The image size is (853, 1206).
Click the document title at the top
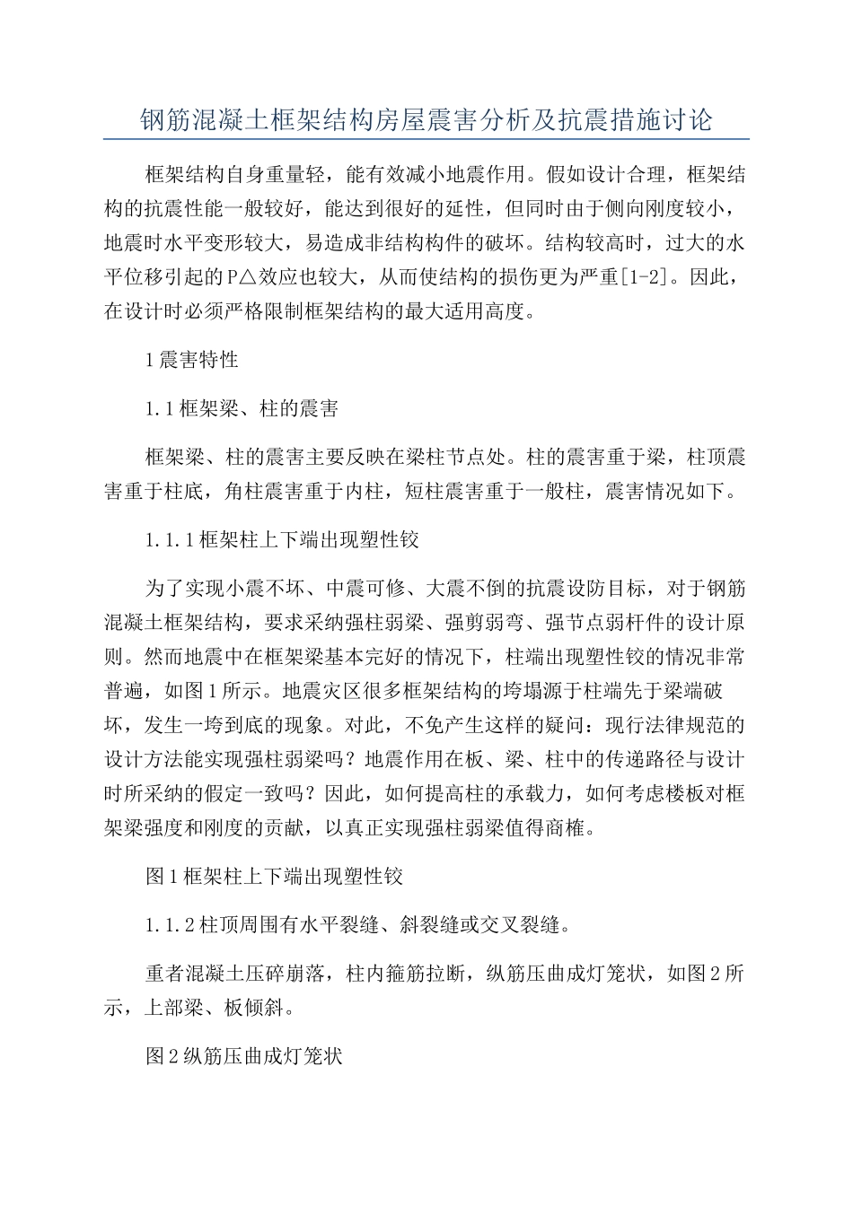(x=426, y=119)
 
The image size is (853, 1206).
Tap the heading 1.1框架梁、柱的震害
(x=242, y=409)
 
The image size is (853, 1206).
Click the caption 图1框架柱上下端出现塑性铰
(x=274, y=877)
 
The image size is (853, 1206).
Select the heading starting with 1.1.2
(x=356, y=925)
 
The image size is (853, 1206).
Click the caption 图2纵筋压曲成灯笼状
(x=244, y=1056)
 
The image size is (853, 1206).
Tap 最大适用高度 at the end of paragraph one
(x=461, y=312)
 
